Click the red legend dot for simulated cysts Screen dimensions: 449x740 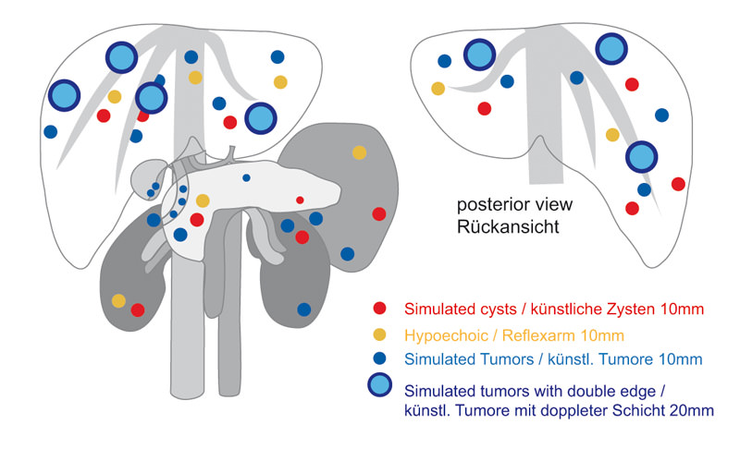click(378, 309)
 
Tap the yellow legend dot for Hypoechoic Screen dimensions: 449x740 click(378, 334)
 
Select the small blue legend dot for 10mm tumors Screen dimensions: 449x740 click(378, 358)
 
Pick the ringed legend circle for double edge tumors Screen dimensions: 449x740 click(379, 386)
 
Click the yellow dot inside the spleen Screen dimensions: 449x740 click(359, 152)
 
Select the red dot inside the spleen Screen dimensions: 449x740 click(378, 214)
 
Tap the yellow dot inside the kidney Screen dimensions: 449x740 click(118, 300)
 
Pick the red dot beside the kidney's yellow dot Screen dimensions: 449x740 click(138, 309)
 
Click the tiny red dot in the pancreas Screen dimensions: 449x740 click(300, 200)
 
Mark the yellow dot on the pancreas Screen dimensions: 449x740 click(203, 200)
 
